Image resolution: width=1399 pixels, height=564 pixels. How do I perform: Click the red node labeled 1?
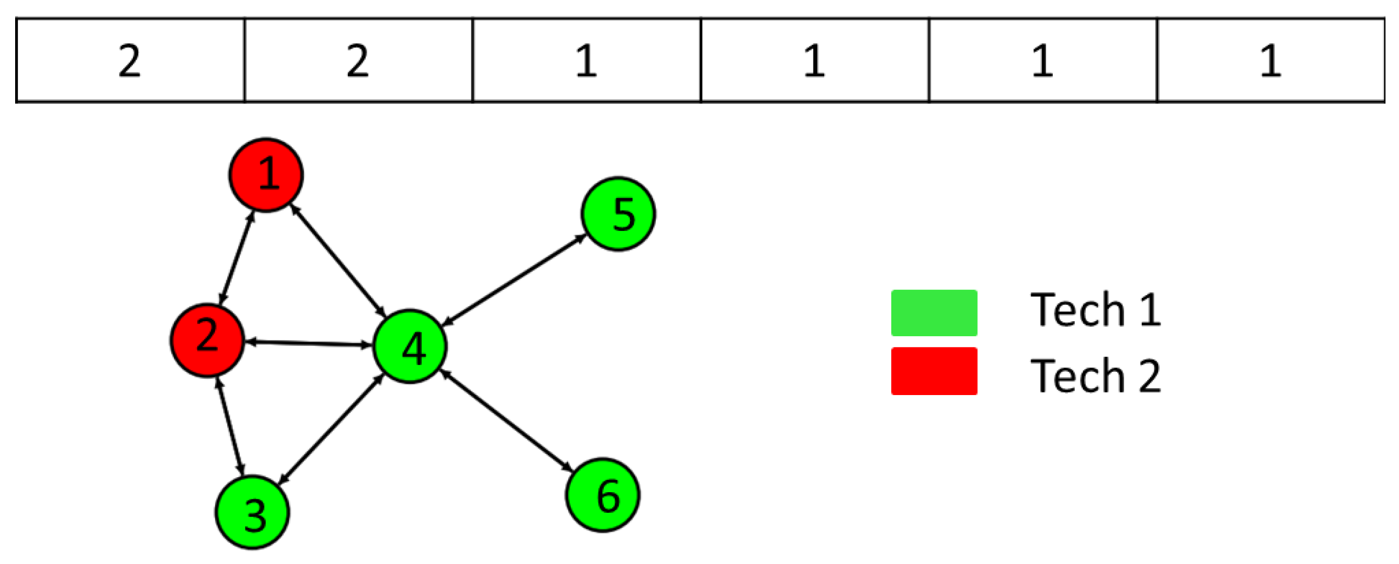(266, 175)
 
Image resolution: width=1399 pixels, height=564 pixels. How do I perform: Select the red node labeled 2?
(207, 340)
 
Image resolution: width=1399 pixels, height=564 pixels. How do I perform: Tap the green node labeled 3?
(253, 512)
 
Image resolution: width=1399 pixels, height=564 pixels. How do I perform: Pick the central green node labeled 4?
(410, 346)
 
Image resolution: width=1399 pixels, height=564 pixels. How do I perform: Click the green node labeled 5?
(618, 213)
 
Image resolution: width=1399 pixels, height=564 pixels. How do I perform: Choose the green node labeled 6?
(603, 494)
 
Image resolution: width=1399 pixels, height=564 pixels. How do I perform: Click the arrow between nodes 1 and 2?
(236, 257)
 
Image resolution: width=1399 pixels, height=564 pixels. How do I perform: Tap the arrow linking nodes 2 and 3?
(230, 426)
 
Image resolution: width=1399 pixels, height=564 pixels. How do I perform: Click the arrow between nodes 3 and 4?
(332, 429)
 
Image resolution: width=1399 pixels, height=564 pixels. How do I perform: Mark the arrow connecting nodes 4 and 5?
(514, 280)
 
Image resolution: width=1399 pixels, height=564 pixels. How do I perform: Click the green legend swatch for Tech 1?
(934, 313)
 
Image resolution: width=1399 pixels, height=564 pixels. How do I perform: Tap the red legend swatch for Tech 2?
(934, 371)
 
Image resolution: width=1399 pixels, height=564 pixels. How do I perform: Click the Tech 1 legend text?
(1095, 310)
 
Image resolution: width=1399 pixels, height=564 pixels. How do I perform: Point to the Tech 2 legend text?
(1095, 376)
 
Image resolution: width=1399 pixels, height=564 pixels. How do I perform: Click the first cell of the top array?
(130, 60)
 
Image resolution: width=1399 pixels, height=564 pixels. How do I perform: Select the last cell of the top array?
(1271, 60)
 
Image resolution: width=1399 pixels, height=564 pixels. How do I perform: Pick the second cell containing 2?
(359, 60)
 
